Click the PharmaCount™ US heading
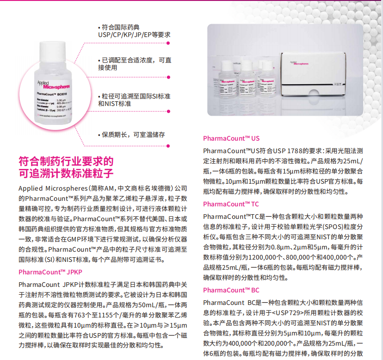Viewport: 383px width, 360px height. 231,138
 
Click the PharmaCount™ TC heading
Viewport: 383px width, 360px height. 231,204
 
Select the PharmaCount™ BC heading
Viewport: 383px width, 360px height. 231,290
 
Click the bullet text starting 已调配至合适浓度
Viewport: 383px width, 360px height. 134,64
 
